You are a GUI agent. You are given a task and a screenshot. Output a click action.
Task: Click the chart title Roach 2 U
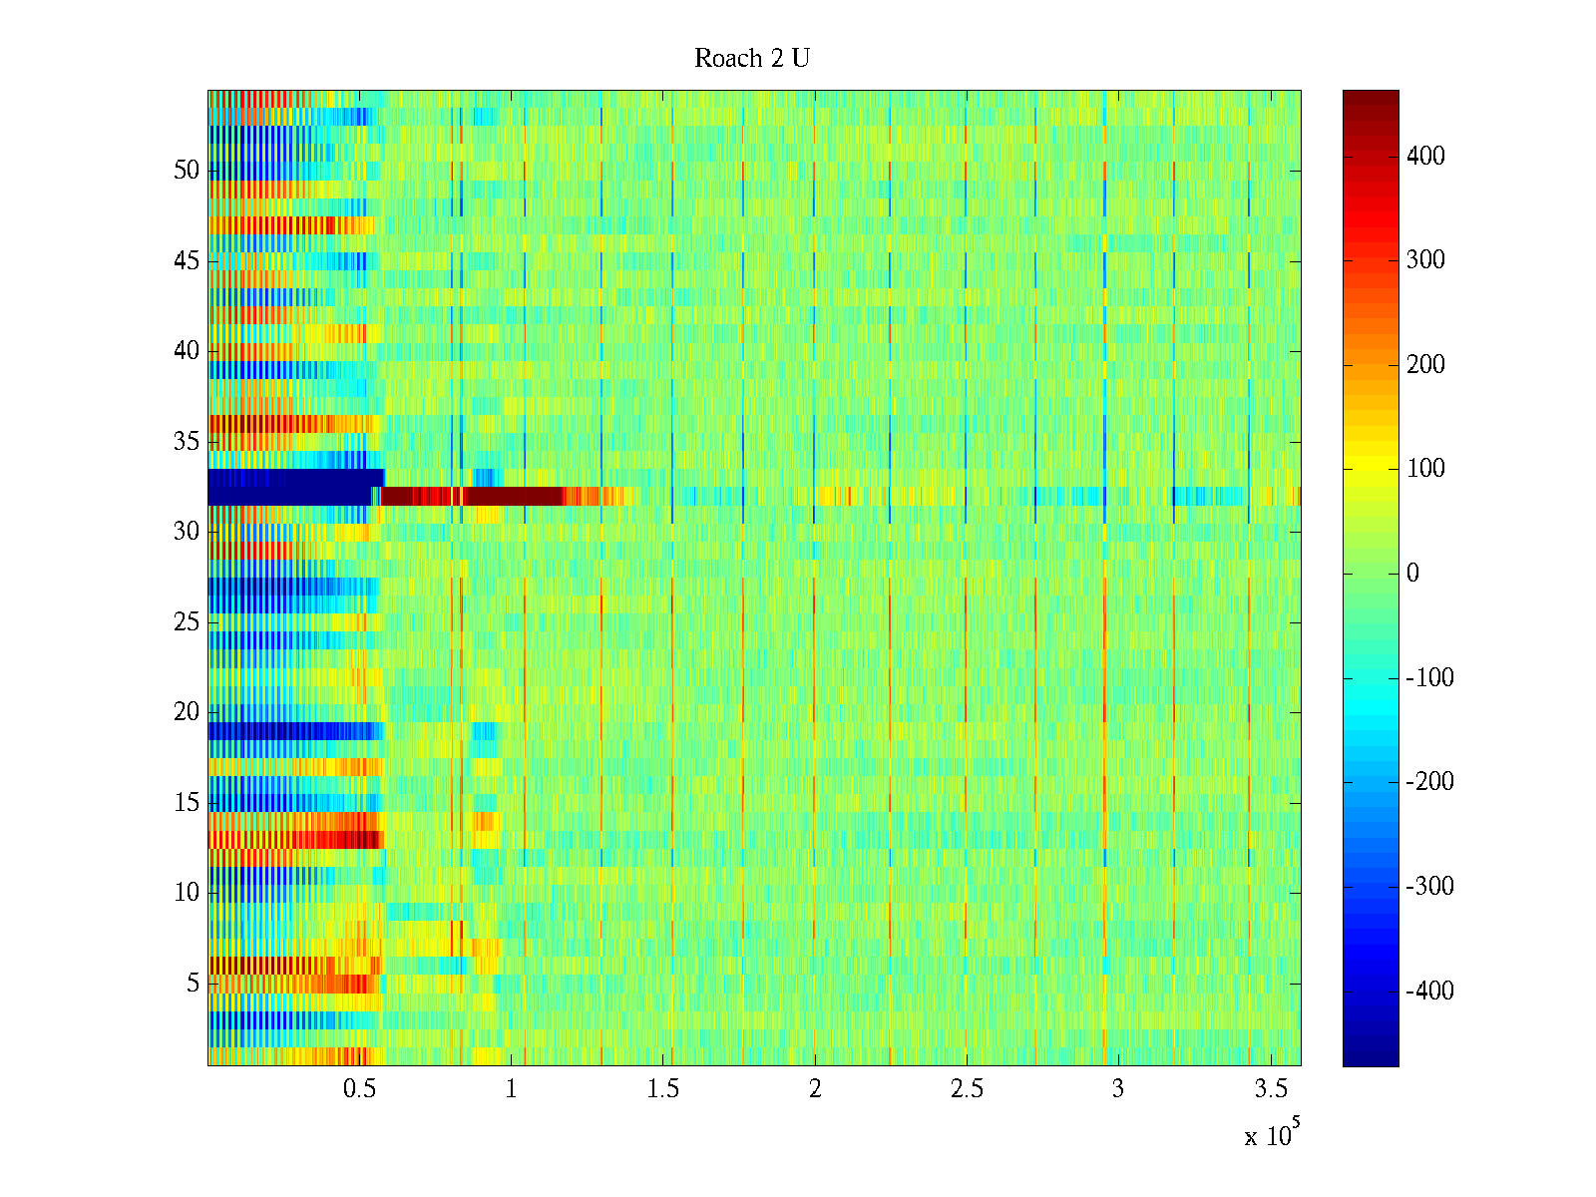tap(752, 59)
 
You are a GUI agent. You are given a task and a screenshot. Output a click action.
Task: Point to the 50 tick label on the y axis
tap(187, 171)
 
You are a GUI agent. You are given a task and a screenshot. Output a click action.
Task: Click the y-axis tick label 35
tap(187, 442)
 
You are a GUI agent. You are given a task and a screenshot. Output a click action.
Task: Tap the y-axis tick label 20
tap(187, 712)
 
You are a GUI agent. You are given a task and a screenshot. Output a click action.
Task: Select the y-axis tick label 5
tap(193, 984)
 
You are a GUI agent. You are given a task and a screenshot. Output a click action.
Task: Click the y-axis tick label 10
tap(187, 893)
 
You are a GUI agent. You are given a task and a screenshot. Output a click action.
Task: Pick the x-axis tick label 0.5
tap(359, 1089)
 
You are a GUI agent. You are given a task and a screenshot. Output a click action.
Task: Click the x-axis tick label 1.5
tap(663, 1089)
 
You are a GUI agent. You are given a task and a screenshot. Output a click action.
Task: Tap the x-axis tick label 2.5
tap(967, 1089)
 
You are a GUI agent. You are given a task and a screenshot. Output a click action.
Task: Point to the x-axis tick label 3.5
tap(1270, 1089)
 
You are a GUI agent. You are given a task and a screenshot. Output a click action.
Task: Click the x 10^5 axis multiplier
tap(1272, 1134)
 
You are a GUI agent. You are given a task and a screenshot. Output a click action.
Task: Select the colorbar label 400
tap(1425, 157)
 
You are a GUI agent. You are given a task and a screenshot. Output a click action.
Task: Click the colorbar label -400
tap(1429, 992)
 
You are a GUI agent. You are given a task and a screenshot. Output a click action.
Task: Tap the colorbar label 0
tap(1412, 574)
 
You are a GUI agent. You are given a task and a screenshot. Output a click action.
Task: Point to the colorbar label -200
tap(1429, 782)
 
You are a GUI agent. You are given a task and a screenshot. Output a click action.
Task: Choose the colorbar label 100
tap(1425, 469)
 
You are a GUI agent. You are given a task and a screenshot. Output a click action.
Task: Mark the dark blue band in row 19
tap(289, 731)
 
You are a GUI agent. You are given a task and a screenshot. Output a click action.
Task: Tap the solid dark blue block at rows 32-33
tap(289, 487)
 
